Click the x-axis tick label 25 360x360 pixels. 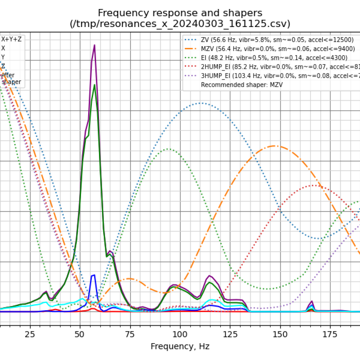point(30,334)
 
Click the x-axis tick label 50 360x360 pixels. point(80,334)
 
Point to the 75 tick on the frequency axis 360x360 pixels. point(130,334)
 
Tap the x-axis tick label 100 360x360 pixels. point(180,334)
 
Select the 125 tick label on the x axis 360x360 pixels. point(230,334)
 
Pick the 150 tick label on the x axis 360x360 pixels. point(280,334)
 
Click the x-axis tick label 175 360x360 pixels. point(330,334)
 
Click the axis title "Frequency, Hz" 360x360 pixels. point(180,346)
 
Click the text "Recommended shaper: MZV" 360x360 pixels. point(242,85)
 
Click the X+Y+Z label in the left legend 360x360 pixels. point(11,39)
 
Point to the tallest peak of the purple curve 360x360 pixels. point(94,45)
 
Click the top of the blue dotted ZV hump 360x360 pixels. point(202,103)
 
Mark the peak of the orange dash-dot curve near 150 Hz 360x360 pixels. point(274,146)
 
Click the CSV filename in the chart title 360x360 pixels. point(180,24)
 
